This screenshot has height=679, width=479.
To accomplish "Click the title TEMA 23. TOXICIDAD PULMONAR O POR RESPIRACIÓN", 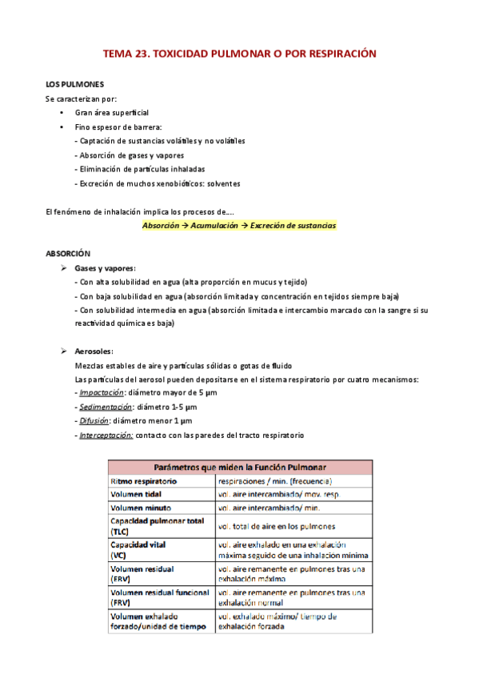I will (239, 54).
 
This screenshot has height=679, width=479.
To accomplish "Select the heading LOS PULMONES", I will (74, 84).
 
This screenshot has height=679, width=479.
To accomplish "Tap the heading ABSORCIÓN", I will (69, 253).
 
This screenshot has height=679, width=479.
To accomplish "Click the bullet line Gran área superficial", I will (111, 113).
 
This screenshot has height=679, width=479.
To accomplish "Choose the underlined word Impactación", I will (101, 392).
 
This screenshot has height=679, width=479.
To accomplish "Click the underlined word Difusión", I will (94, 421).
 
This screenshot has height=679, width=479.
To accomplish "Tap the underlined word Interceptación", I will (105, 435).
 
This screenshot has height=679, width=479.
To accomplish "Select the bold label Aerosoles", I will (94, 352).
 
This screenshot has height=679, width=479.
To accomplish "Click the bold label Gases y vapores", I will (105, 267).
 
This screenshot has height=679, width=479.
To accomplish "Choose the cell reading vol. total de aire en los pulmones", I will (276, 526).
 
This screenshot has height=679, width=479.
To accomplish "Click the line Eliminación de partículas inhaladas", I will (140, 169).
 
